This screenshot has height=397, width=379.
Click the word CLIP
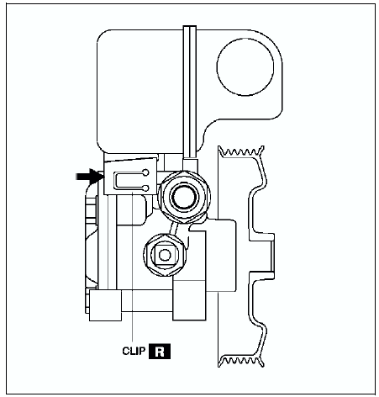(x=134, y=351)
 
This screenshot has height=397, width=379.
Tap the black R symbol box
(x=160, y=352)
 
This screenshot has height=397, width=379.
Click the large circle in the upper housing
(x=245, y=66)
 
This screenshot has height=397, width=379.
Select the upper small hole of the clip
(x=145, y=172)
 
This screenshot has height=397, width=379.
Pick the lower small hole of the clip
(x=145, y=188)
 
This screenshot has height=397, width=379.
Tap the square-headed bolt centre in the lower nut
(x=165, y=255)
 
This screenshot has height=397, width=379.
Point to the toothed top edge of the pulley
(x=241, y=151)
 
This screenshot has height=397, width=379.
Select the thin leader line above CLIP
(x=132, y=267)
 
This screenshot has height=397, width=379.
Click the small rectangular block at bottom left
(x=105, y=305)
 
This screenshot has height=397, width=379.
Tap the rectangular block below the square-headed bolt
(x=189, y=299)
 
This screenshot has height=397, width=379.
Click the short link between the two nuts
(x=175, y=228)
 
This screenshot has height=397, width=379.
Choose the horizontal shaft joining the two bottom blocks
(x=147, y=301)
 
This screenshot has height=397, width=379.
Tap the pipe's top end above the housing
(x=190, y=27)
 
